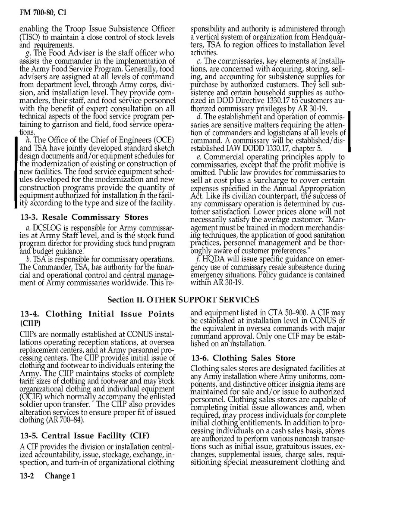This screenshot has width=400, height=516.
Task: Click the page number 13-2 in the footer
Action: point(28,476)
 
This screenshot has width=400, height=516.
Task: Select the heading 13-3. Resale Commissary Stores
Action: point(85,217)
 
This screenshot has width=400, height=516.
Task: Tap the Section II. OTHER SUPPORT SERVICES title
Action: point(183,299)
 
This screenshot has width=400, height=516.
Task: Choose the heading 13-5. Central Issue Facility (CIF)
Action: point(85,435)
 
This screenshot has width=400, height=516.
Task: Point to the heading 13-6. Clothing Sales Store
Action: point(243,358)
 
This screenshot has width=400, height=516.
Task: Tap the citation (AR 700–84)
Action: point(66,420)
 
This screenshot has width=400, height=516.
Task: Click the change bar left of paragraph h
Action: point(16,172)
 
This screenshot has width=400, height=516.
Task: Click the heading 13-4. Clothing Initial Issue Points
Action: point(98,314)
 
